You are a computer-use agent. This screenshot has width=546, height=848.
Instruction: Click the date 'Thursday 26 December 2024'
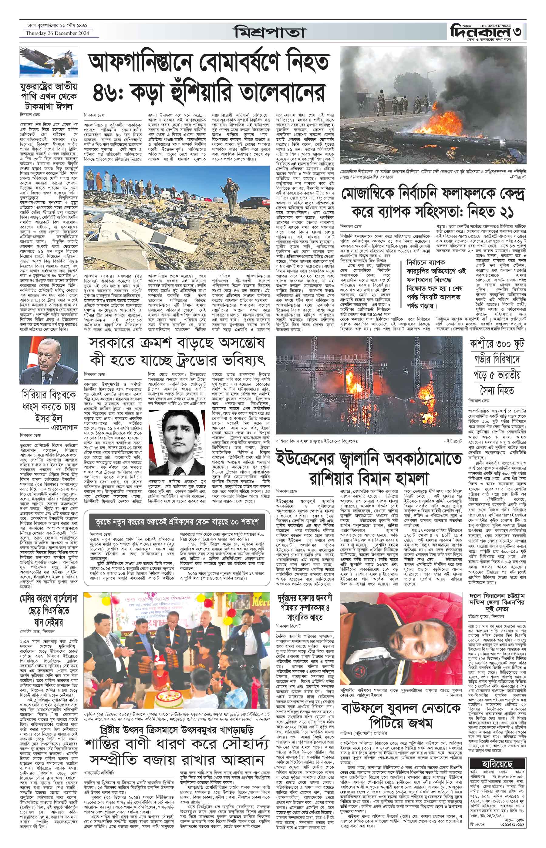(57, 33)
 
